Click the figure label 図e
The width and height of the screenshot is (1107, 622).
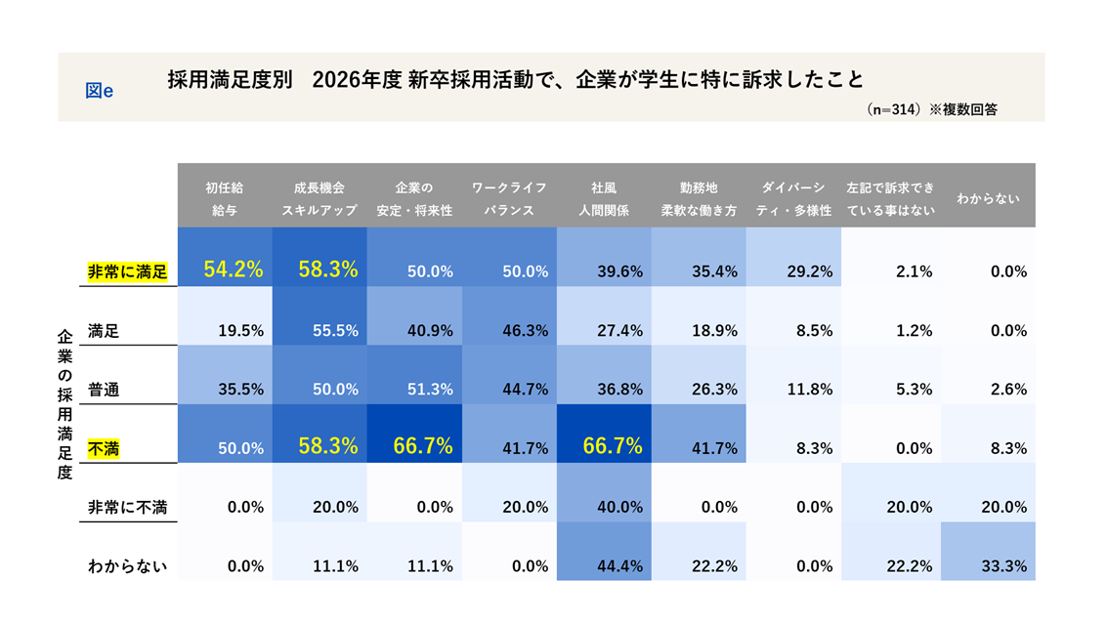coord(100,90)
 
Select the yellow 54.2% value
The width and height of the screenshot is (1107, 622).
coord(233,270)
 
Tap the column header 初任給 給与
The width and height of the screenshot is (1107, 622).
coord(225,198)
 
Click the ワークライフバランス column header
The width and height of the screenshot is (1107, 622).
coord(509,198)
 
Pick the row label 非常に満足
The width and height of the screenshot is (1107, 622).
coord(128,271)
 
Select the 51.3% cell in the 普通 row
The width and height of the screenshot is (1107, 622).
coord(429,390)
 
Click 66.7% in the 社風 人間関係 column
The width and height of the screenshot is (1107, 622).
coord(613,447)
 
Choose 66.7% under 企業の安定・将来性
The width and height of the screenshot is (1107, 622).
coord(422,447)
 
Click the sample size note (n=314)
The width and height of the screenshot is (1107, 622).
coord(894,110)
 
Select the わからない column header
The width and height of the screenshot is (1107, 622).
coord(988,198)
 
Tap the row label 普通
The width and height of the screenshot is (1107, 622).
coord(104,389)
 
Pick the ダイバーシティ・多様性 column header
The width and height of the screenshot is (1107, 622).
coord(793,198)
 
